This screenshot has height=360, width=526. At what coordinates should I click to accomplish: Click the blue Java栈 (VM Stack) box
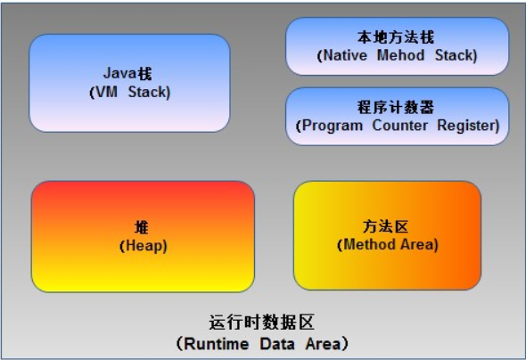pyautogui.click(x=129, y=83)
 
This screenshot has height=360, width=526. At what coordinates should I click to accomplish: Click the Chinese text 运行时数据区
pyautogui.click(x=262, y=323)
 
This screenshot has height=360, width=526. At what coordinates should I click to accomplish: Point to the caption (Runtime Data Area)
pyautogui.click(x=262, y=342)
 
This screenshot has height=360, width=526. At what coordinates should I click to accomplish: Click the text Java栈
pyautogui.click(x=129, y=73)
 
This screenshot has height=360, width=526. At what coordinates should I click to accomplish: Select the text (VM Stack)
pyautogui.click(x=129, y=91)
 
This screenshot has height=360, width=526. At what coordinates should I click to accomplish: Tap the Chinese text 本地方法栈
pyautogui.click(x=397, y=37)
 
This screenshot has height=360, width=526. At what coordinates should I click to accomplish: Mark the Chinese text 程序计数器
pyautogui.click(x=397, y=107)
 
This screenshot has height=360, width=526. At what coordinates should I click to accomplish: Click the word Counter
pyautogui.click(x=400, y=125)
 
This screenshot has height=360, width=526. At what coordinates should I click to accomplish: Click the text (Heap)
pyautogui.click(x=143, y=245)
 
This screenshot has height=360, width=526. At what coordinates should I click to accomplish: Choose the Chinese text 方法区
pyautogui.click(x=387, y=226)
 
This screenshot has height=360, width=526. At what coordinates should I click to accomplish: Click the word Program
pyautogui.click(x=333, y=125)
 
